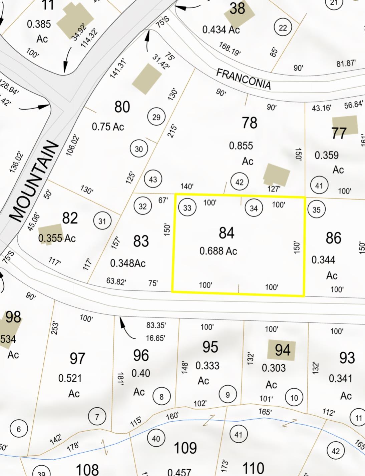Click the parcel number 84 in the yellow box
point(227,233)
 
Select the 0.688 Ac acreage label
point(218,251)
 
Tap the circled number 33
point(187,208)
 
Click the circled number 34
point(254,208)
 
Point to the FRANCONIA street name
point(243,79)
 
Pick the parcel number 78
point(250,123)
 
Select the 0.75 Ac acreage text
point(108,127)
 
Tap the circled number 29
point(156,117)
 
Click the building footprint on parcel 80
point(147,79)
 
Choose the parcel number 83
point(141,241)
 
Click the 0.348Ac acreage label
point(128,263)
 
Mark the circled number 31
point(102,221)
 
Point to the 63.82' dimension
point(116,281)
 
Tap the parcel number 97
point(77,359)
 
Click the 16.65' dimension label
point(155,338)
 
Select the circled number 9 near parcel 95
point(228,395)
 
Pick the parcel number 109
point(185,448)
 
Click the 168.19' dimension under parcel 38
point(230,48)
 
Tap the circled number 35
point(316,210)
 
